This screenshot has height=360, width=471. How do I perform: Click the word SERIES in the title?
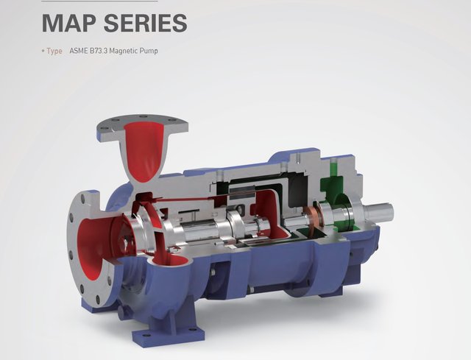[146, 23]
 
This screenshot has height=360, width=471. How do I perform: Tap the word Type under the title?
[54, 51]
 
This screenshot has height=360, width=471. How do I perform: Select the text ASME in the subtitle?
[78, 51]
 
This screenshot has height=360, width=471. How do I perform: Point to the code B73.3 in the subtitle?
[98, 51]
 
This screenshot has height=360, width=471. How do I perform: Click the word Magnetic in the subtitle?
[123, 51]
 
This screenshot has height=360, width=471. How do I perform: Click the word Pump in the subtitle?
[149, 51]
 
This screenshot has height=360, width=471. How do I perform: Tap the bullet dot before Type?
[43, 51]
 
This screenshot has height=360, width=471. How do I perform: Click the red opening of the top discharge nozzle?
[144, 150]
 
